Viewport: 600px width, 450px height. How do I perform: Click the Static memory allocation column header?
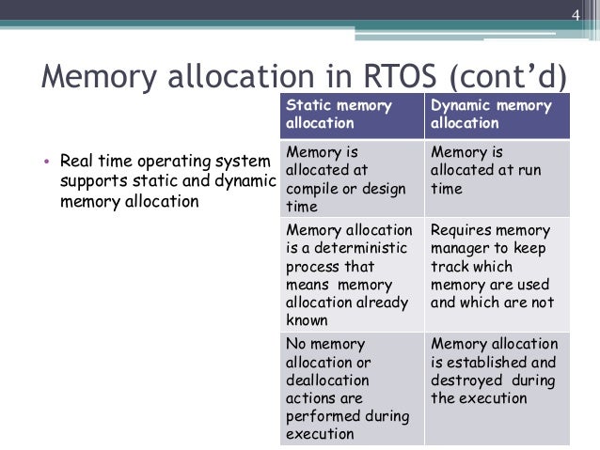coord(351,115)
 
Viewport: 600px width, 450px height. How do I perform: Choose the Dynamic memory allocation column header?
coord(497,115)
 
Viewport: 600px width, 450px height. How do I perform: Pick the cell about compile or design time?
coord(351,178)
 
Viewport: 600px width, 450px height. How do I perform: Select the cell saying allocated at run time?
coord(497,169)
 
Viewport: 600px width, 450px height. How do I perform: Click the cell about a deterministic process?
coord(351,274)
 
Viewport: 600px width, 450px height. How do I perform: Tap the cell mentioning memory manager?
coord(497,266)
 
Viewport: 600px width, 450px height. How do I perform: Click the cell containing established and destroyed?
coord(497,371)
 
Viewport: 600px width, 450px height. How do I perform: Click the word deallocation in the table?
coord(326,380)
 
